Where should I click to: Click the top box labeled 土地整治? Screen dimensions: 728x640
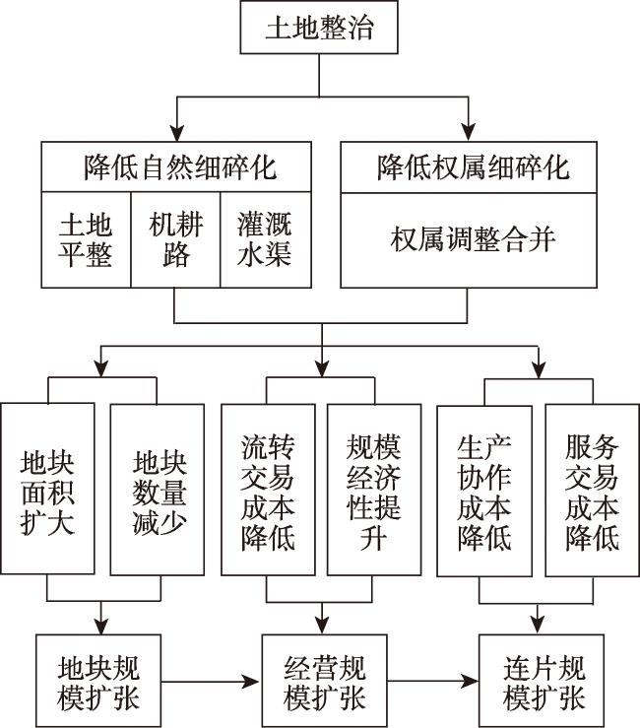pos(319,28)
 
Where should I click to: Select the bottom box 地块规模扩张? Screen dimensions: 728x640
pos(99,683)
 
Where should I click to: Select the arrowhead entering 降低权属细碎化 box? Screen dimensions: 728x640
pos(470,133)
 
